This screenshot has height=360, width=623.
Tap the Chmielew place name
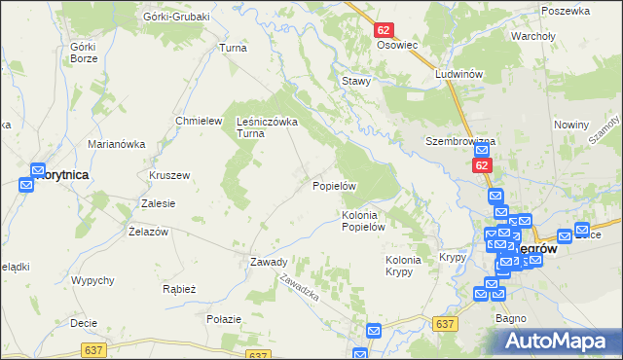coord(194,120)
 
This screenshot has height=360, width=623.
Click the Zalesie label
coord(158,203)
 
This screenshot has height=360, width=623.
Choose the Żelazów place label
coord(149,231)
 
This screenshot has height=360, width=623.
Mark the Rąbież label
coord(180,289)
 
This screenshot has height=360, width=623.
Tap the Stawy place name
coord(355,81)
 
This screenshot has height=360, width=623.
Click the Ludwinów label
coord(459,75)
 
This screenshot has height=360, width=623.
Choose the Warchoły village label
coord(532,38)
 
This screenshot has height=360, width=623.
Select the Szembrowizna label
coord(460,141)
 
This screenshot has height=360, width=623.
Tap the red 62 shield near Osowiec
coord(384,31)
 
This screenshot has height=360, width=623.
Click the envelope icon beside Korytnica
coord(38,170)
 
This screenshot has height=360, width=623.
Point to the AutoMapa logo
coord(559,341)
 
